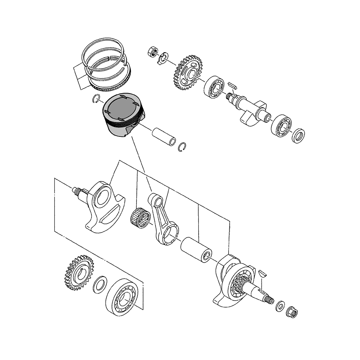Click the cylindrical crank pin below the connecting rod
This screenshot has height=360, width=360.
coord(195,248)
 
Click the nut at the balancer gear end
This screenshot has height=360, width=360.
coord(152,51)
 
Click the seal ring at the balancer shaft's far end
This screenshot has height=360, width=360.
coord(299,135)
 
